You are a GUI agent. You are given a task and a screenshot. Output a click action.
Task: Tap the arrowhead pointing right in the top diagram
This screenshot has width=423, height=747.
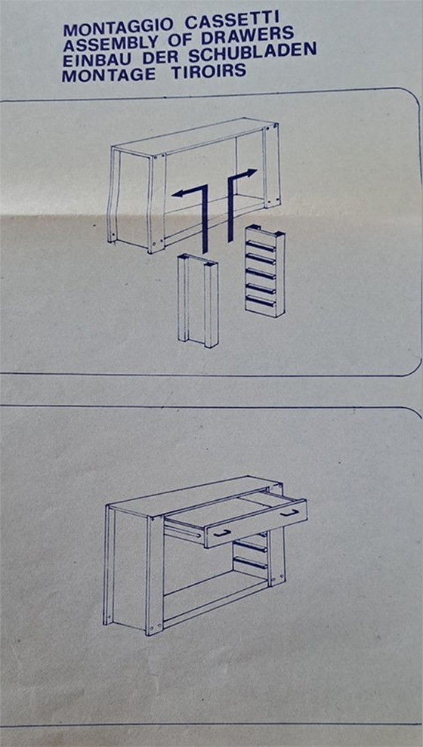pyautogui.click(x=252, y=173)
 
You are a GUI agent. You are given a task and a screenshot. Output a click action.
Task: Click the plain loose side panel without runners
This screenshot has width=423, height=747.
pyautogui.click(x=198, y=301)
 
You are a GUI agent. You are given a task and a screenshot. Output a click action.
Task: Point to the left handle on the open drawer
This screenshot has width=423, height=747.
pyautogui.click(x=222, y=533)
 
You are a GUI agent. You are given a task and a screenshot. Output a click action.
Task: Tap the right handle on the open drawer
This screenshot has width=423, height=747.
pyautogui.click(x=289, y=513)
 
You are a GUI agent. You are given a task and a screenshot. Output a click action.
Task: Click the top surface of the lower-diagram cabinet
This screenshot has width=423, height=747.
pyautogui.click(x=190, y=495)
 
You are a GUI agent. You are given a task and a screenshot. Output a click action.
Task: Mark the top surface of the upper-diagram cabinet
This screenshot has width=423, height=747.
pyautogui.click(x=193, y=136)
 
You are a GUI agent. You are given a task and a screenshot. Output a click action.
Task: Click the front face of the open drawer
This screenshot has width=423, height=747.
pyautogui.click(x=256, y=523)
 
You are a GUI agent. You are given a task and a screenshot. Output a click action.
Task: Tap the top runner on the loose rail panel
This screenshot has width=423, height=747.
pyautogui.click(x=261, y=245)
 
